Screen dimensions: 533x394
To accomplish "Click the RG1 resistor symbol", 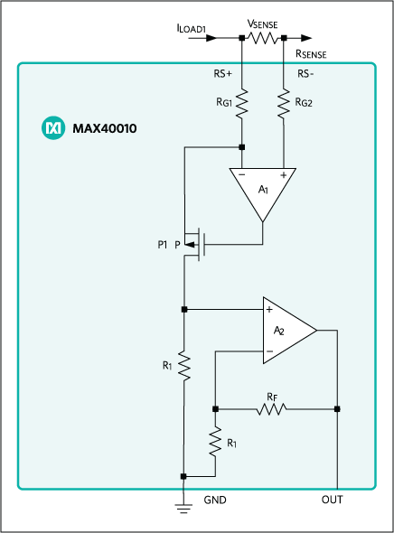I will pyautogui.click(x=242, y=102).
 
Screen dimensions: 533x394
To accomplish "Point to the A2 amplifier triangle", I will pyautogui.click(x=286, y=331).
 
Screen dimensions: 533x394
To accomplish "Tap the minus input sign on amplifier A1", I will pyautogui.click(x=242, y=174).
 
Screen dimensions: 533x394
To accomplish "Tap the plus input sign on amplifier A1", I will pyautogui.click(x=284, y=174).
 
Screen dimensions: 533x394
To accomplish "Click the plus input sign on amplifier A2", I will pyautogui.click(x=269, y=309).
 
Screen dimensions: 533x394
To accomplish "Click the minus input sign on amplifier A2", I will pyautogui.click(x=269, y=351).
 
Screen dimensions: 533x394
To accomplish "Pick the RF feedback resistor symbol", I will pyautogui.click(x=270, y=409).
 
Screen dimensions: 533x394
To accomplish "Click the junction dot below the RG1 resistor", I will pyautogui.click(x=242, y=145).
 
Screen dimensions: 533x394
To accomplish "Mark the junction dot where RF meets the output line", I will pyautogui.click(x=337, y=409).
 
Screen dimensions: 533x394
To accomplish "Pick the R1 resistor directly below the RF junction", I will pyautogui.click(x=215, y=443).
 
